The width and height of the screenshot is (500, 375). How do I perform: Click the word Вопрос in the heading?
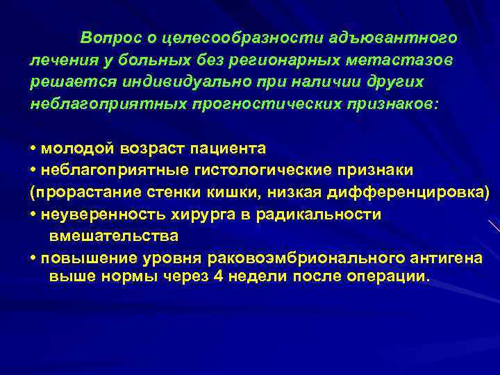click(x=103, y=36)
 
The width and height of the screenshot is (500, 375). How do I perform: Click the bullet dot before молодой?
click(x=33, y=149)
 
